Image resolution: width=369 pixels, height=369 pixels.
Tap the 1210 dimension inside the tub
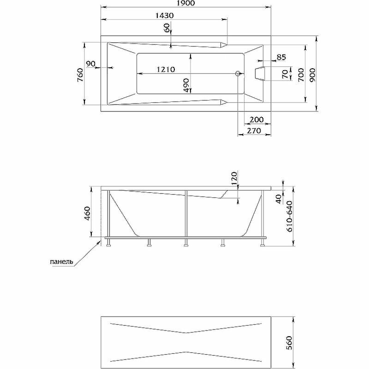click(165, 70)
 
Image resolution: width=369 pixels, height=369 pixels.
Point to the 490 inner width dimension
click(186, 85)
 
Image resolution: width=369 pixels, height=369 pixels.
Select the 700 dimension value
click(300, 74)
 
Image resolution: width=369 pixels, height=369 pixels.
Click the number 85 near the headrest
click(281, 58)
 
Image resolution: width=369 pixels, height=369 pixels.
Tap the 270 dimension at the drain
click(254, 131)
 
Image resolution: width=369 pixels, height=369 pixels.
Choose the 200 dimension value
click(256, 119)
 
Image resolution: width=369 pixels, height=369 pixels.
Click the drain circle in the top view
click(238, 73)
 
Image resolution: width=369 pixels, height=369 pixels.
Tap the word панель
click(60, 262)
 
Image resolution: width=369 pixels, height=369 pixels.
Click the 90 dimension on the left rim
click(90, 63)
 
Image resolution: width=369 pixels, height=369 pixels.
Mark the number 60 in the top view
click(167, 28)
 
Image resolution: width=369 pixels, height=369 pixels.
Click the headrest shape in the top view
click(261, 73)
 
